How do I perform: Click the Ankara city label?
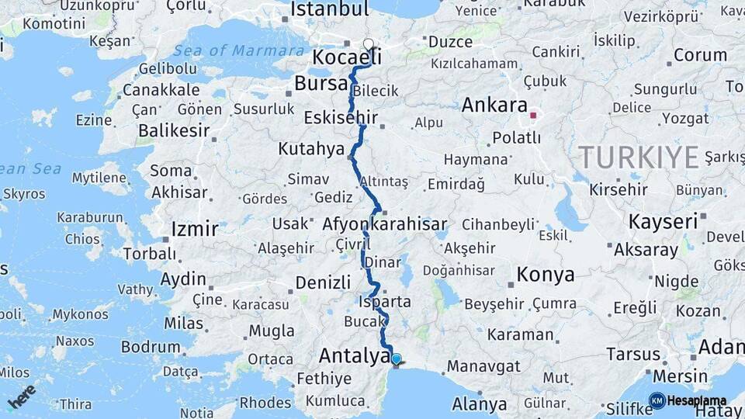(x=494, y=105)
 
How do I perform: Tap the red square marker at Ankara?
(x=532, y=116)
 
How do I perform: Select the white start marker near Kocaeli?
(x=369, y=45)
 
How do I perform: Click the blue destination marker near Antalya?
(x=396, y=358)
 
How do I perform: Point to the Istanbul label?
(x=329, y=9)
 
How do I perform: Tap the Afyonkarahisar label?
(x=385, y=226)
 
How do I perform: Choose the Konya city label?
(x=546, y=274)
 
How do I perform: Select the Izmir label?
(x=194, y=229)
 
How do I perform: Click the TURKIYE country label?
(x=639, y=158)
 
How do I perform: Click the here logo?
(x=22, y=396)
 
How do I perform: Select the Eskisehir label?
(x=341, y=118)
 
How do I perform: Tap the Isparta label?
(x=385, y=301)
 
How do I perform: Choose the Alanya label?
(x=480, y=404)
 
